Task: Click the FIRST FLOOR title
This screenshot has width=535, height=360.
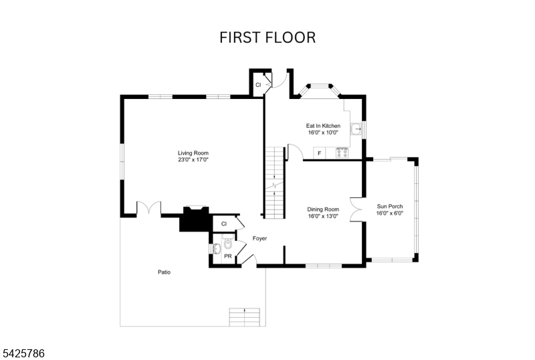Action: point(267,37)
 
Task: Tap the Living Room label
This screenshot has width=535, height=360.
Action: point(193,153)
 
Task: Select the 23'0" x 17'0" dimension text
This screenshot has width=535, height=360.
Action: point(193,161)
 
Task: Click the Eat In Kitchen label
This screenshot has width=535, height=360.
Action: point(323,126)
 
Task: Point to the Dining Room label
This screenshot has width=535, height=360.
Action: point(323,209)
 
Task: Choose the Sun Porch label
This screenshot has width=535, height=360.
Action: point(390,206)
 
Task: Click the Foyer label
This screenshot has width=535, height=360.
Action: point(259,238)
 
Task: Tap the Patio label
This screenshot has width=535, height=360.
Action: point(164,272)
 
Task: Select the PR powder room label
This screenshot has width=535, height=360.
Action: point(228,256)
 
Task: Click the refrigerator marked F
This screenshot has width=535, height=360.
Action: point(319,153)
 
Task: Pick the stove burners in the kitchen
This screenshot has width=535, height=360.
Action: point(342,153)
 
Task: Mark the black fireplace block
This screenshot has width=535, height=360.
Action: point(195,219)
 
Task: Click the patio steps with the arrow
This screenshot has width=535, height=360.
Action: point(244,316)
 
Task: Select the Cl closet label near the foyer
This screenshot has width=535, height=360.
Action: point(224,223)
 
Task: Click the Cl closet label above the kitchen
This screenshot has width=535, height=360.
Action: point(257,85)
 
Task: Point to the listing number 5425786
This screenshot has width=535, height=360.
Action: point(23,351)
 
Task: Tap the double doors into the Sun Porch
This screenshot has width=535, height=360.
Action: point(356,209)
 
